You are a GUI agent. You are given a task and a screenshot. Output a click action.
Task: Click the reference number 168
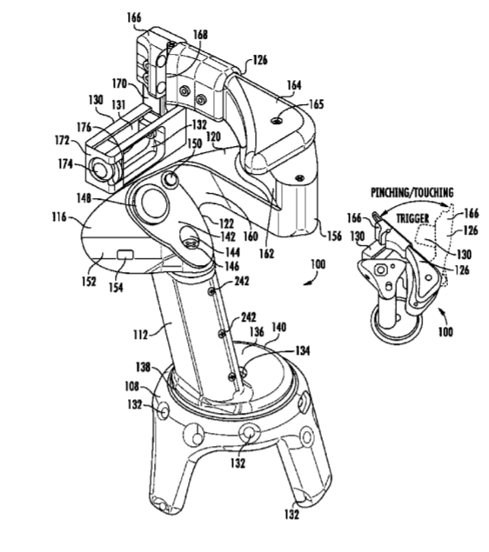[x=200, y=35]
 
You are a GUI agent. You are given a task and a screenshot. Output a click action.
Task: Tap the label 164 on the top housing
[x=294, y=85]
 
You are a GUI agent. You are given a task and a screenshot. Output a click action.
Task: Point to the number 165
[x=317, y=104]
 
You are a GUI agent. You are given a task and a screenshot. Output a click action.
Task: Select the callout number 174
[x=65, y=164]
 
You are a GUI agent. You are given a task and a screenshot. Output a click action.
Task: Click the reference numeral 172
[x=62, y=141]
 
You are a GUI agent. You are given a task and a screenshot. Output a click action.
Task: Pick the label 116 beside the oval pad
[x=59, y=216]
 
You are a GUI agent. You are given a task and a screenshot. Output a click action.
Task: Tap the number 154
[x=116, y=287]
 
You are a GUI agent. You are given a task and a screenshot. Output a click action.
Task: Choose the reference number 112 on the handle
[x=141, y=335]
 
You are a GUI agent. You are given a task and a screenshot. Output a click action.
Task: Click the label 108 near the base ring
[x=132, y=387]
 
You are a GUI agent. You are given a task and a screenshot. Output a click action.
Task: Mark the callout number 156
[x=334, y=236]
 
